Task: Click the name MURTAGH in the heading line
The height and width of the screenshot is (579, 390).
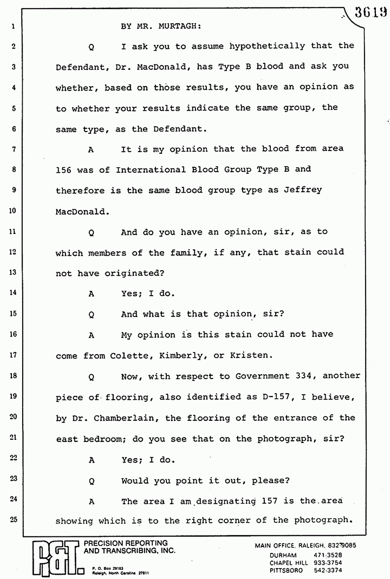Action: point(181,26)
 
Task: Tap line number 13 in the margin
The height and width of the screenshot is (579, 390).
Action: point(14,272)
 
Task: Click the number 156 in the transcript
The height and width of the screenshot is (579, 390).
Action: point(64,170)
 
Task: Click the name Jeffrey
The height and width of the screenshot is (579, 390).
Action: point(303,190)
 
